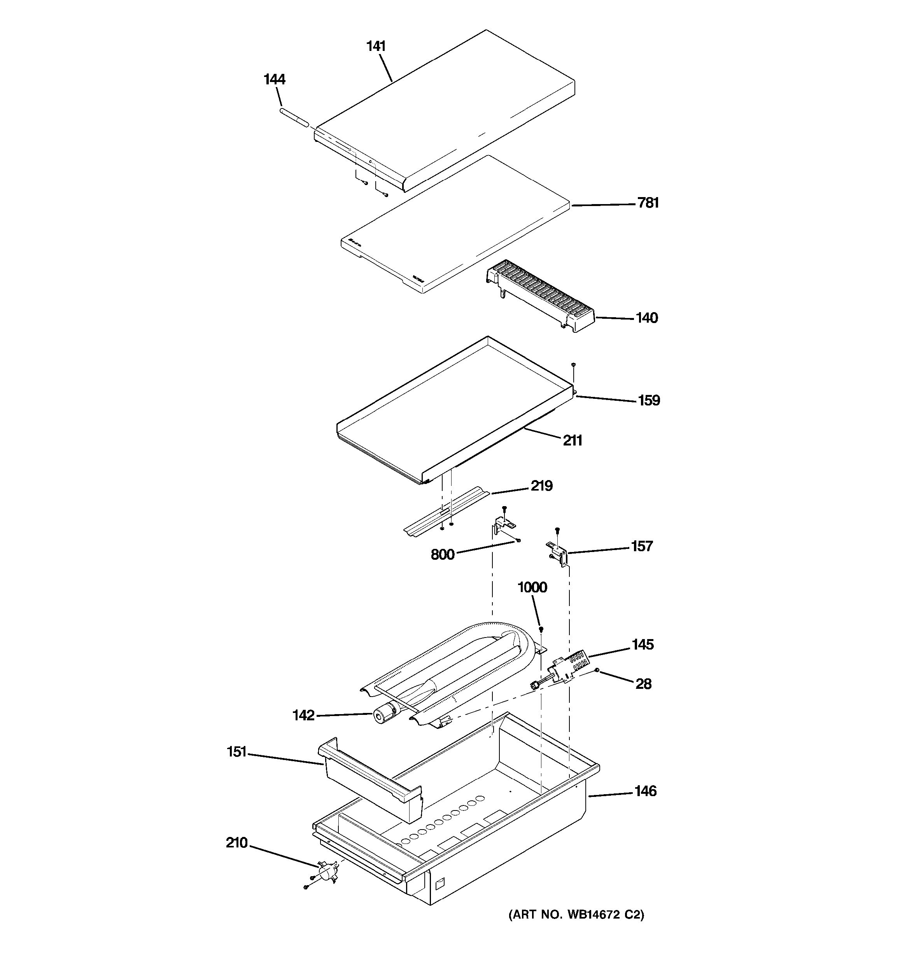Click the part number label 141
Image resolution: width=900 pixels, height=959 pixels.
pyautogui.click(x=376, y=46)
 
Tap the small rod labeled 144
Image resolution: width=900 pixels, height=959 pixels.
pyautogui.click(x=293, y=118)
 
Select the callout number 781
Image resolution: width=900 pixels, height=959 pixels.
pyautogui.click(x=648, y=203)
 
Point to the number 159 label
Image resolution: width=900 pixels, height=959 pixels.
pyautogui.click(x=649, y=400)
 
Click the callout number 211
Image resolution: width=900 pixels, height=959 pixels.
pyautogui.click(x=573, y=440)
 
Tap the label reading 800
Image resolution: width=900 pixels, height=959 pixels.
pyautogui.click(x=443, y=555)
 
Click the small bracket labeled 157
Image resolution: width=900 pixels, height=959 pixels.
pyautogui.click(x=558, y=550)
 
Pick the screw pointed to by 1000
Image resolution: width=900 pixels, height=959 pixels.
pyautogui.click(x=541, y=629)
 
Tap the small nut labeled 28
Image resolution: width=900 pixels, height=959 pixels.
pyautogui.click(x=597, y=670)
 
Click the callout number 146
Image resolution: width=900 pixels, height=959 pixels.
pyautogui.click(x=646, y=791)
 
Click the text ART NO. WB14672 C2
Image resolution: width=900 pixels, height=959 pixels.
pyautogui.click(x=576, y=915)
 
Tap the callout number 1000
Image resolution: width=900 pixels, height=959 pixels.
pyautogui.click(x=532, y=587)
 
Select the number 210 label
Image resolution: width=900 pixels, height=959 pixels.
pyautogui.click(x=236, y=843)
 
